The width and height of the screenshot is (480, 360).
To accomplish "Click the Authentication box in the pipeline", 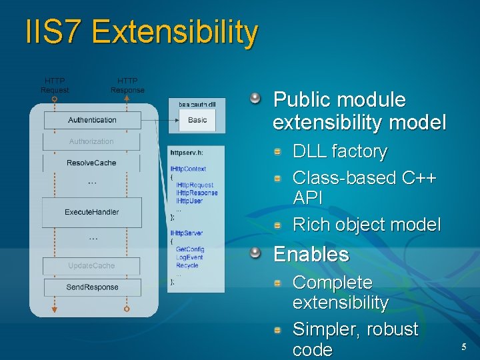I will pos(92,120).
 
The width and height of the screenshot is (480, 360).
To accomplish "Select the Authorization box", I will pos(91,141).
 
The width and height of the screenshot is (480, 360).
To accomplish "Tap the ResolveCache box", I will pos(91,163).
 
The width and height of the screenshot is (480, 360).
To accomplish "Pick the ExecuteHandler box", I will pos(91,211).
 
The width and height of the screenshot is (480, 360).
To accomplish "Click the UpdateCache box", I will pos(91,265).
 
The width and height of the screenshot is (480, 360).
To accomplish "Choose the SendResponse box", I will pos(92,287).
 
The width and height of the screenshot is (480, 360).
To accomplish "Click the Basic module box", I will pos(197,120).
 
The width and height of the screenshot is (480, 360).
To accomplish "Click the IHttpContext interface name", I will pos(188,169).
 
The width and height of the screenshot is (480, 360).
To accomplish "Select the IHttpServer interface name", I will pos(187,233).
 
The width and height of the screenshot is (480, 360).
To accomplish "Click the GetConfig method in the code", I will pos(190,249).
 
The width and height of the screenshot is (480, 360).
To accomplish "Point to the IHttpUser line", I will pos(189,201).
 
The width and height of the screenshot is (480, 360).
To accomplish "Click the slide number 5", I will pos(464,346).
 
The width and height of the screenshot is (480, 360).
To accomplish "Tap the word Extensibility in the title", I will pos(175,32).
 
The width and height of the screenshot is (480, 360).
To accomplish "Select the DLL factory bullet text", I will pos(340,151).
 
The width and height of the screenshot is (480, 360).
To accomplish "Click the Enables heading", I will pos(311,254).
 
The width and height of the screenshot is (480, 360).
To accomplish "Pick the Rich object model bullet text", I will pos(367,225).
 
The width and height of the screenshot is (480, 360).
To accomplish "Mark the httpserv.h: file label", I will pos(186,151).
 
